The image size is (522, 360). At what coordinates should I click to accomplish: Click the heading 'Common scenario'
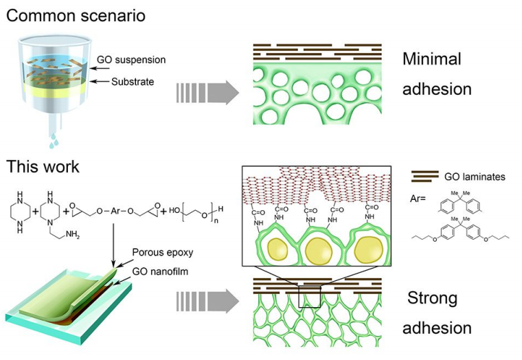click(76, 16)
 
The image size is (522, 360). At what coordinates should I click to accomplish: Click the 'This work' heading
click(43, 166)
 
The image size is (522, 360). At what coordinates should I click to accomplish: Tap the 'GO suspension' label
click(131, 60)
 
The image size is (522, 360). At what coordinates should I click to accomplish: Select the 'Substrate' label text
click(133, 82)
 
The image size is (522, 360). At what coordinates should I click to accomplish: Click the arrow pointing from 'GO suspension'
click(100, 69)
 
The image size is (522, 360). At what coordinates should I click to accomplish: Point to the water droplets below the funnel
click(54, 141)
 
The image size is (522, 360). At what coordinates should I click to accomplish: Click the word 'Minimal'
click(432, 59)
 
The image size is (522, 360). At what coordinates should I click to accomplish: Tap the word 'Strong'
click(432, 297)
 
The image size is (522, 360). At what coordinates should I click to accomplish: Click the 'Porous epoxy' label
click(163, 252)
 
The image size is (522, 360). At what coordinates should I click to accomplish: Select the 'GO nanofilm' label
click(160, 271)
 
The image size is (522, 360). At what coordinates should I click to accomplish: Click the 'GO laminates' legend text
click(475, 177)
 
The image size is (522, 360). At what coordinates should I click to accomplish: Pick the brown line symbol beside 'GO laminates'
click(424, 177)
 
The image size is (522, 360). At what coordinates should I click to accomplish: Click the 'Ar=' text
click(418, 199)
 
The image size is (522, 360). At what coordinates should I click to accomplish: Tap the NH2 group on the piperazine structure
click(73, 234)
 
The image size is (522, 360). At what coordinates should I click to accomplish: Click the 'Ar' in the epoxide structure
click(115, 211)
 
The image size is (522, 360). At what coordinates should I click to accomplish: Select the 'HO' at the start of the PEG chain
click(174, 210)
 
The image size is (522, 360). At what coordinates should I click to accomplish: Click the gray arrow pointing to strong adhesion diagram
click(207, 301)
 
